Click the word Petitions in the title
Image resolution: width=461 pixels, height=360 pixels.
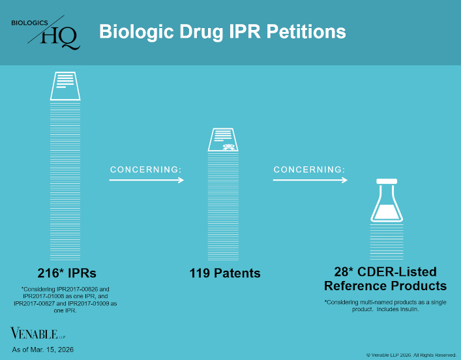[x=303, y=31]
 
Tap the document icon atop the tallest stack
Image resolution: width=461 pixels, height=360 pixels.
[x=65, y=85]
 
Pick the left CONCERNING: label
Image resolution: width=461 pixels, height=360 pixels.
[x=145, y=170]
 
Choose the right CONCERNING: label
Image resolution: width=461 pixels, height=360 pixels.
[x=309, y=170]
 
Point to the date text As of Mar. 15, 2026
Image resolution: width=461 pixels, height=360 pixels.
[x=43, y=350]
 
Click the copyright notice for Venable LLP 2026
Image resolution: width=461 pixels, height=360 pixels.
[x=411, y=355]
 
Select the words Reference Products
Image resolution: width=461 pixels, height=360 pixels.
[x=385, y=286]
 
